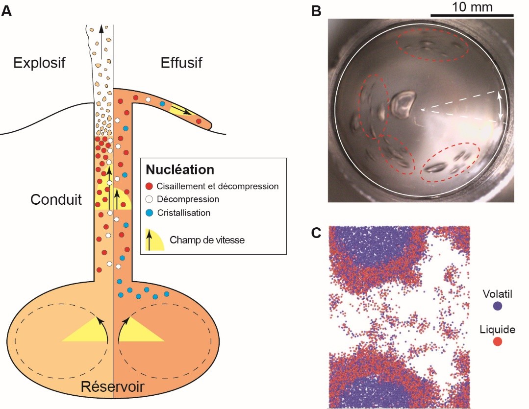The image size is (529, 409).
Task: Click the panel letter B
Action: click(317, 11)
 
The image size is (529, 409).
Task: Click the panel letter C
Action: click(317, 233)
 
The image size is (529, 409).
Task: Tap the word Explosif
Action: click(39, 63)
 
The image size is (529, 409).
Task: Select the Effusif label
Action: click(181, 63)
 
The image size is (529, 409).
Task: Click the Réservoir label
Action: click(112, 387)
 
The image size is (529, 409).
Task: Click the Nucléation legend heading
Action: click(179, 170)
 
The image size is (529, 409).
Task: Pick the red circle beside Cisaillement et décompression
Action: click(150, 186)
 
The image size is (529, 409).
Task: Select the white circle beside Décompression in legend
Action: click(150, 199)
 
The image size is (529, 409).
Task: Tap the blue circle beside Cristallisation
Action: click(150, 213)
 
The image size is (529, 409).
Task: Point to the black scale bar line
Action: click(472, 16)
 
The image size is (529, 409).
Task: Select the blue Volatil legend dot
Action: click(498, 306)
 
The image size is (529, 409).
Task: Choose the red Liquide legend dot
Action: click(498, 341)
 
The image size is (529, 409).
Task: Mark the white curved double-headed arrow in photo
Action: click(501, 106)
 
